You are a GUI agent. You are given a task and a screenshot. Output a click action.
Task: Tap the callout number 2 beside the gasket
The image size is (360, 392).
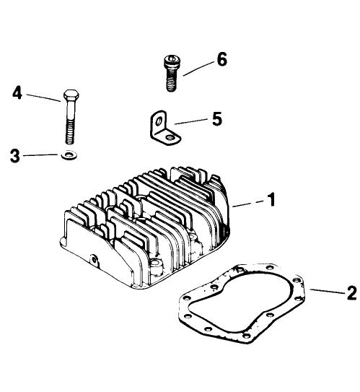click(x=351, y=292)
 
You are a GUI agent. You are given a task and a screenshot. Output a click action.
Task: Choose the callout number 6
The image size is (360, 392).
click(x=221, y=59)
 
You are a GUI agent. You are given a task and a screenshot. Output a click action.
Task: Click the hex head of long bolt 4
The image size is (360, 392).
click(x=70, y=96)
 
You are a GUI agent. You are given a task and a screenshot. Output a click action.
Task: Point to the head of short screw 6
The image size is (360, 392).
click(x=170, y=61)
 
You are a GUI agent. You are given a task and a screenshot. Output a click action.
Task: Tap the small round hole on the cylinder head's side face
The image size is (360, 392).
click(x=95, y=258)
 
